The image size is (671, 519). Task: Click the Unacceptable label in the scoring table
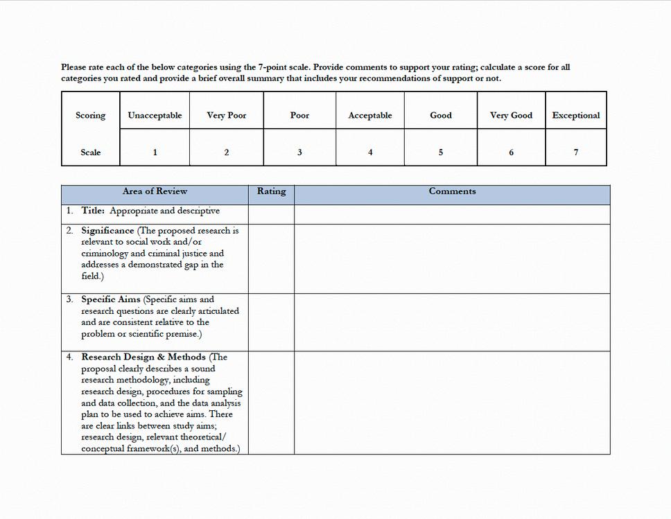tap(155, 116)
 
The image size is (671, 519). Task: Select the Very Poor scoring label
tap(226, 116)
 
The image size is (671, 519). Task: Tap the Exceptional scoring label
tap(575, 116)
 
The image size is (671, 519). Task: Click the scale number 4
tap(370, 152)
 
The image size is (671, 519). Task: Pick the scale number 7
tap(575, 152)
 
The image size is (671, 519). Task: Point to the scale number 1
tap(155, 152)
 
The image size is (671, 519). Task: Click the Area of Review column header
tap(155, 192)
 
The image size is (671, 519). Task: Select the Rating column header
tap(271, 192)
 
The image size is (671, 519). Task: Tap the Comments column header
tap(452, 192)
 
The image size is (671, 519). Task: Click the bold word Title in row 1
tap(93, 211)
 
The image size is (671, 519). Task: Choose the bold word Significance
tap(107, 231)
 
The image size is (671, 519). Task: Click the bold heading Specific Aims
tap(111, 299)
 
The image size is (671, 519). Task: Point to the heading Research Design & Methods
tap(143, 357)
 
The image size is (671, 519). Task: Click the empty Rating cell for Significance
tap(271, 258)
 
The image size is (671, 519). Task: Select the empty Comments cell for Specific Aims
tap(452, 322)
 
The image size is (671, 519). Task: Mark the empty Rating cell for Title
tap(271, 214)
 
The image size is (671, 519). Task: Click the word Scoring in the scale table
tap(91, 116)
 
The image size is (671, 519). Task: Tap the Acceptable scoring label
tap(370, 116)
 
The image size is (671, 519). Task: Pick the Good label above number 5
tap(441, 116)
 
